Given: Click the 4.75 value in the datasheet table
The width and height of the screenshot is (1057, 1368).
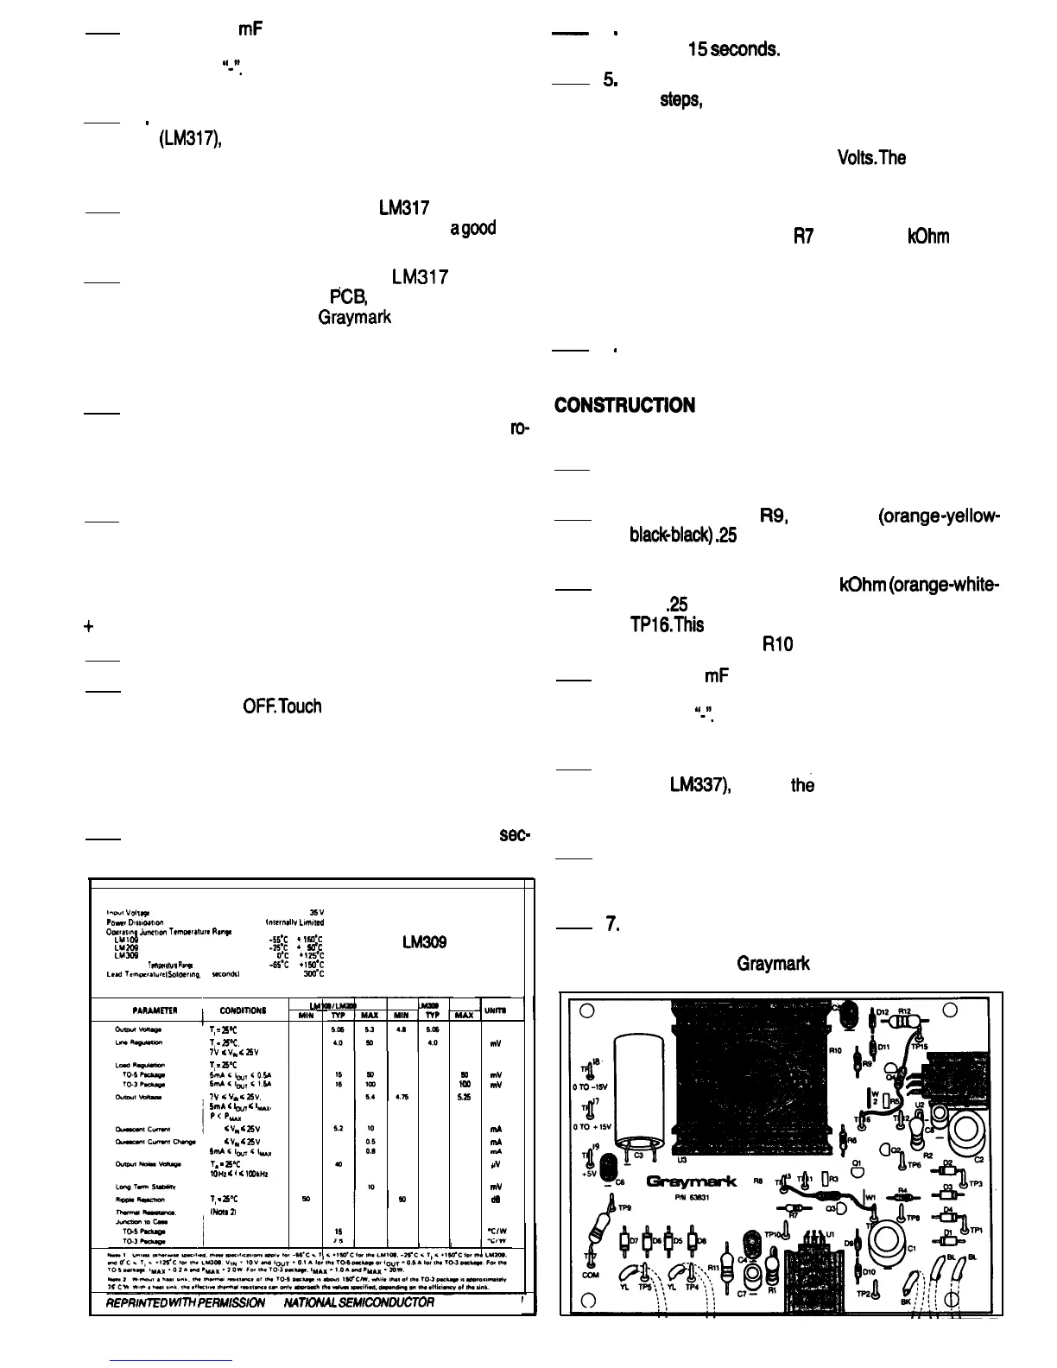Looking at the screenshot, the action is (x=402, y=1096).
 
